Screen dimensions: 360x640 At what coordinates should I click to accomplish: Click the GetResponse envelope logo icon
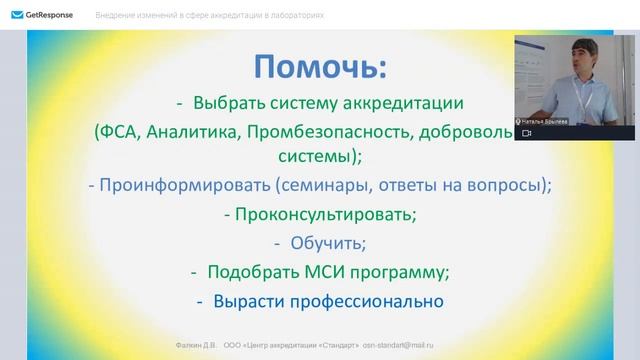pyautogui.click(x=17, y=16)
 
